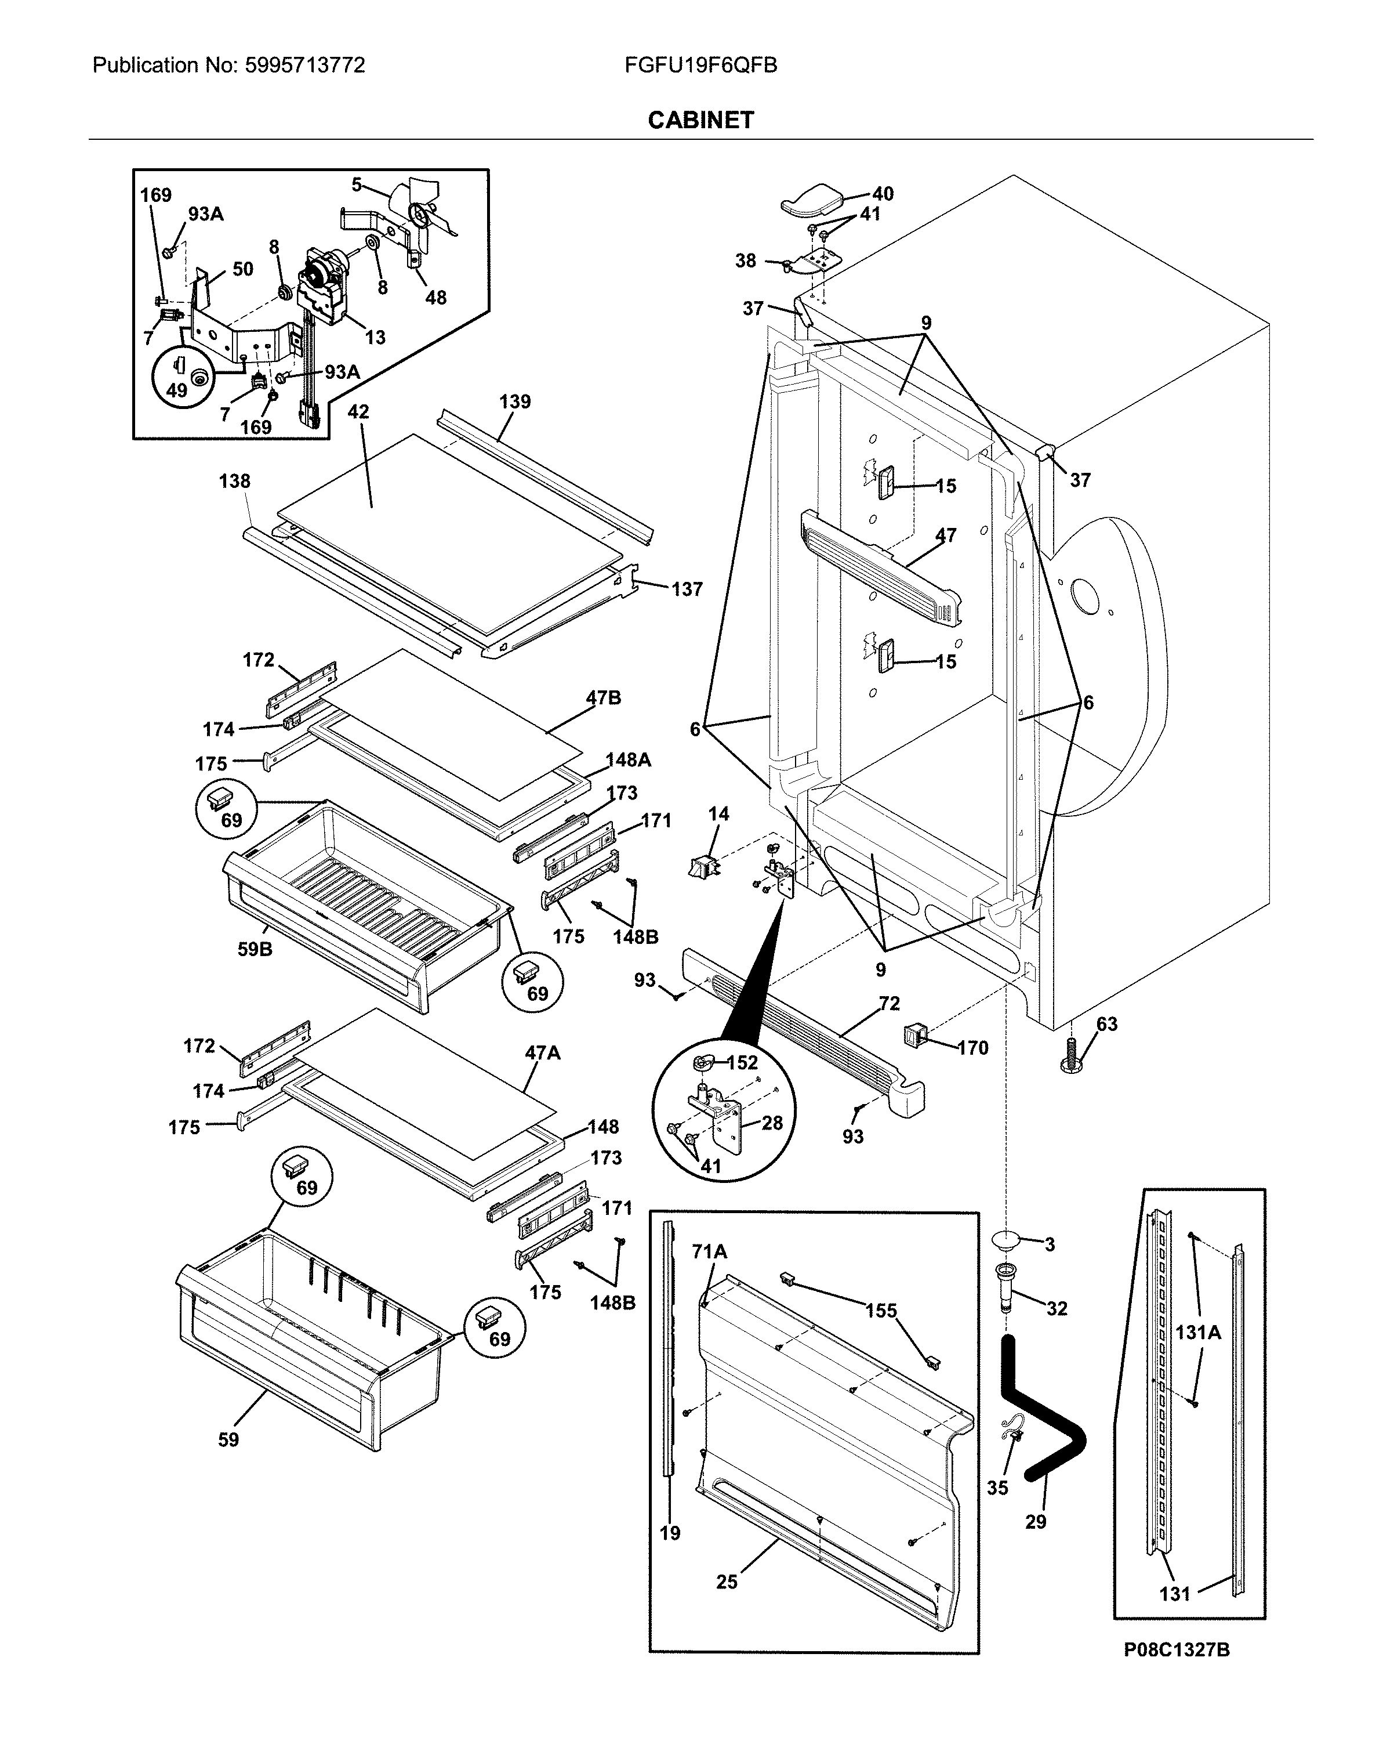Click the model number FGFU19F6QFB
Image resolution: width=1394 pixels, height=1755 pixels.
coord(700,65)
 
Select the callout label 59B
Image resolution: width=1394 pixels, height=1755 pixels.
coord(255,949)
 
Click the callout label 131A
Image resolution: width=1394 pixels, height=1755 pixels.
coord(1198,1333)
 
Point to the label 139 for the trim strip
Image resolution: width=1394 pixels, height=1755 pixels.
coord(514,401)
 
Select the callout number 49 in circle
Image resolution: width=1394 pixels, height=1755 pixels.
coord(177,390)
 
